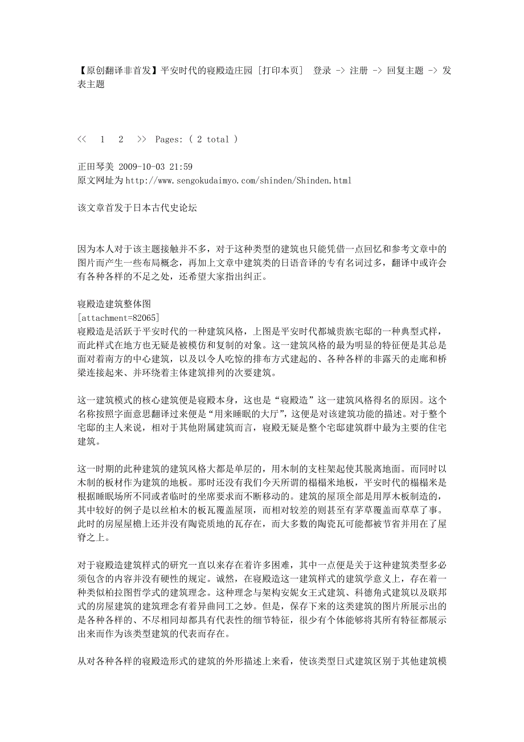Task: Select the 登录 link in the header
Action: (x=322, y=71)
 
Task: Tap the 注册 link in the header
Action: (x=358, y=71)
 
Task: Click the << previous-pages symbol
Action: (x=81, y=139)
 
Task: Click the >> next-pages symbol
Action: (x=142, y=139)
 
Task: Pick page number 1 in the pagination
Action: (x=103, y=139)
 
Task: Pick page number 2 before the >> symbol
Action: (x=121, y=139)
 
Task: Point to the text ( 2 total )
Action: (x=214, y=139)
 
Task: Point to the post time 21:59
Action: (x=181, y=167)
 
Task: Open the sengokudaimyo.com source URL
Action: (x=238, y=181)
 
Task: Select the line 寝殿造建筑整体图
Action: (x=113, y=303)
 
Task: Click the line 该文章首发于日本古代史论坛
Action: (x=137, y=208)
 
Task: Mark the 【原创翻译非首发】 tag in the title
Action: (x=117, y=71)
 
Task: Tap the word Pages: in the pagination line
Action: (x=169, y=139)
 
